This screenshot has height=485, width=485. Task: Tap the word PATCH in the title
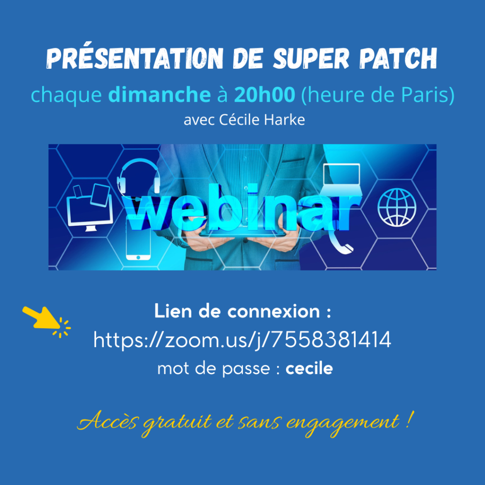point(398,58)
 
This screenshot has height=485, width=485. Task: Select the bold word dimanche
point(160,94)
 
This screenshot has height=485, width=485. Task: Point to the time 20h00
point(264,94)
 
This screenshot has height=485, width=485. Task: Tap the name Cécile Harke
point(262,120)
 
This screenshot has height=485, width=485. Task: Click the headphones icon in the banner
point(138,176)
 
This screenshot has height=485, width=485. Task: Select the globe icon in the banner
point(397,207)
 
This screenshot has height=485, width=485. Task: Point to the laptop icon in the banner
point(342,179)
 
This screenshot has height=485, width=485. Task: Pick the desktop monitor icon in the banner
point(90,208)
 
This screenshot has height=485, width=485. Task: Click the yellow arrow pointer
point(46,322)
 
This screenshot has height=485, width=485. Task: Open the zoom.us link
point(242,340)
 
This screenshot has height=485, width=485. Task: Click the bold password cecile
point(309,368)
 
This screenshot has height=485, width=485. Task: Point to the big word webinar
point(241,208)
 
